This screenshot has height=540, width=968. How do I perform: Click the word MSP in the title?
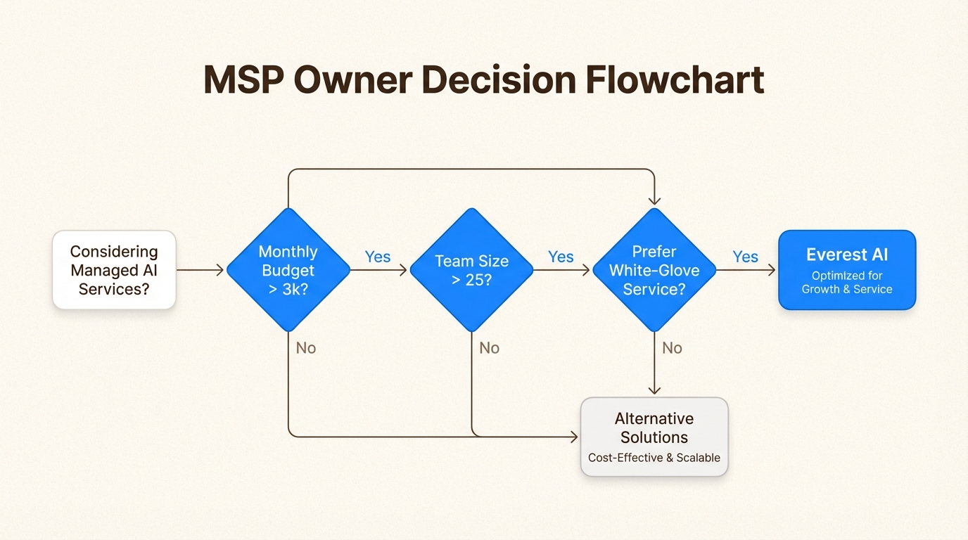click(243, 80)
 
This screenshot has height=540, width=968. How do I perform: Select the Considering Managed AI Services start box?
click(114, 270)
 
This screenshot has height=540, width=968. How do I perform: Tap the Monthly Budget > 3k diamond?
click(288, 270)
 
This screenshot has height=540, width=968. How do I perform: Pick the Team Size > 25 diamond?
click(471, 270)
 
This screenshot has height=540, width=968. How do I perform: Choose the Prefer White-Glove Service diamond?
click(654, 270)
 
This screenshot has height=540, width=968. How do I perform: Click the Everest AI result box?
click(847, 270)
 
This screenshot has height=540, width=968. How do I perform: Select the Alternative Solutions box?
click(654, 437)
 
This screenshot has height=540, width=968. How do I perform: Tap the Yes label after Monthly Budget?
click(378, 257)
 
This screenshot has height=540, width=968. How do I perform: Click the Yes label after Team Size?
click(561, 257)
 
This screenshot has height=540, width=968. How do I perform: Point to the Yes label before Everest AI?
click(745, 257)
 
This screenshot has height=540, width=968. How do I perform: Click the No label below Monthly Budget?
click(305, 348)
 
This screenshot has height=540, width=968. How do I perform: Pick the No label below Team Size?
click(489, 348)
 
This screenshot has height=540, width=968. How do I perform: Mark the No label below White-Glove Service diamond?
click(672, 348)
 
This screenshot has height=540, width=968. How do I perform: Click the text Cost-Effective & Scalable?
click(654, 458)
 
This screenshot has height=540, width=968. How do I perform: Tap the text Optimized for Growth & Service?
click(847, 283)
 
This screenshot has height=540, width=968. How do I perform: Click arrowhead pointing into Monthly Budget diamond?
click(221, 270)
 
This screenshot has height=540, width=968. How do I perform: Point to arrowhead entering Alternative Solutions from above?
click(654, 391)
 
